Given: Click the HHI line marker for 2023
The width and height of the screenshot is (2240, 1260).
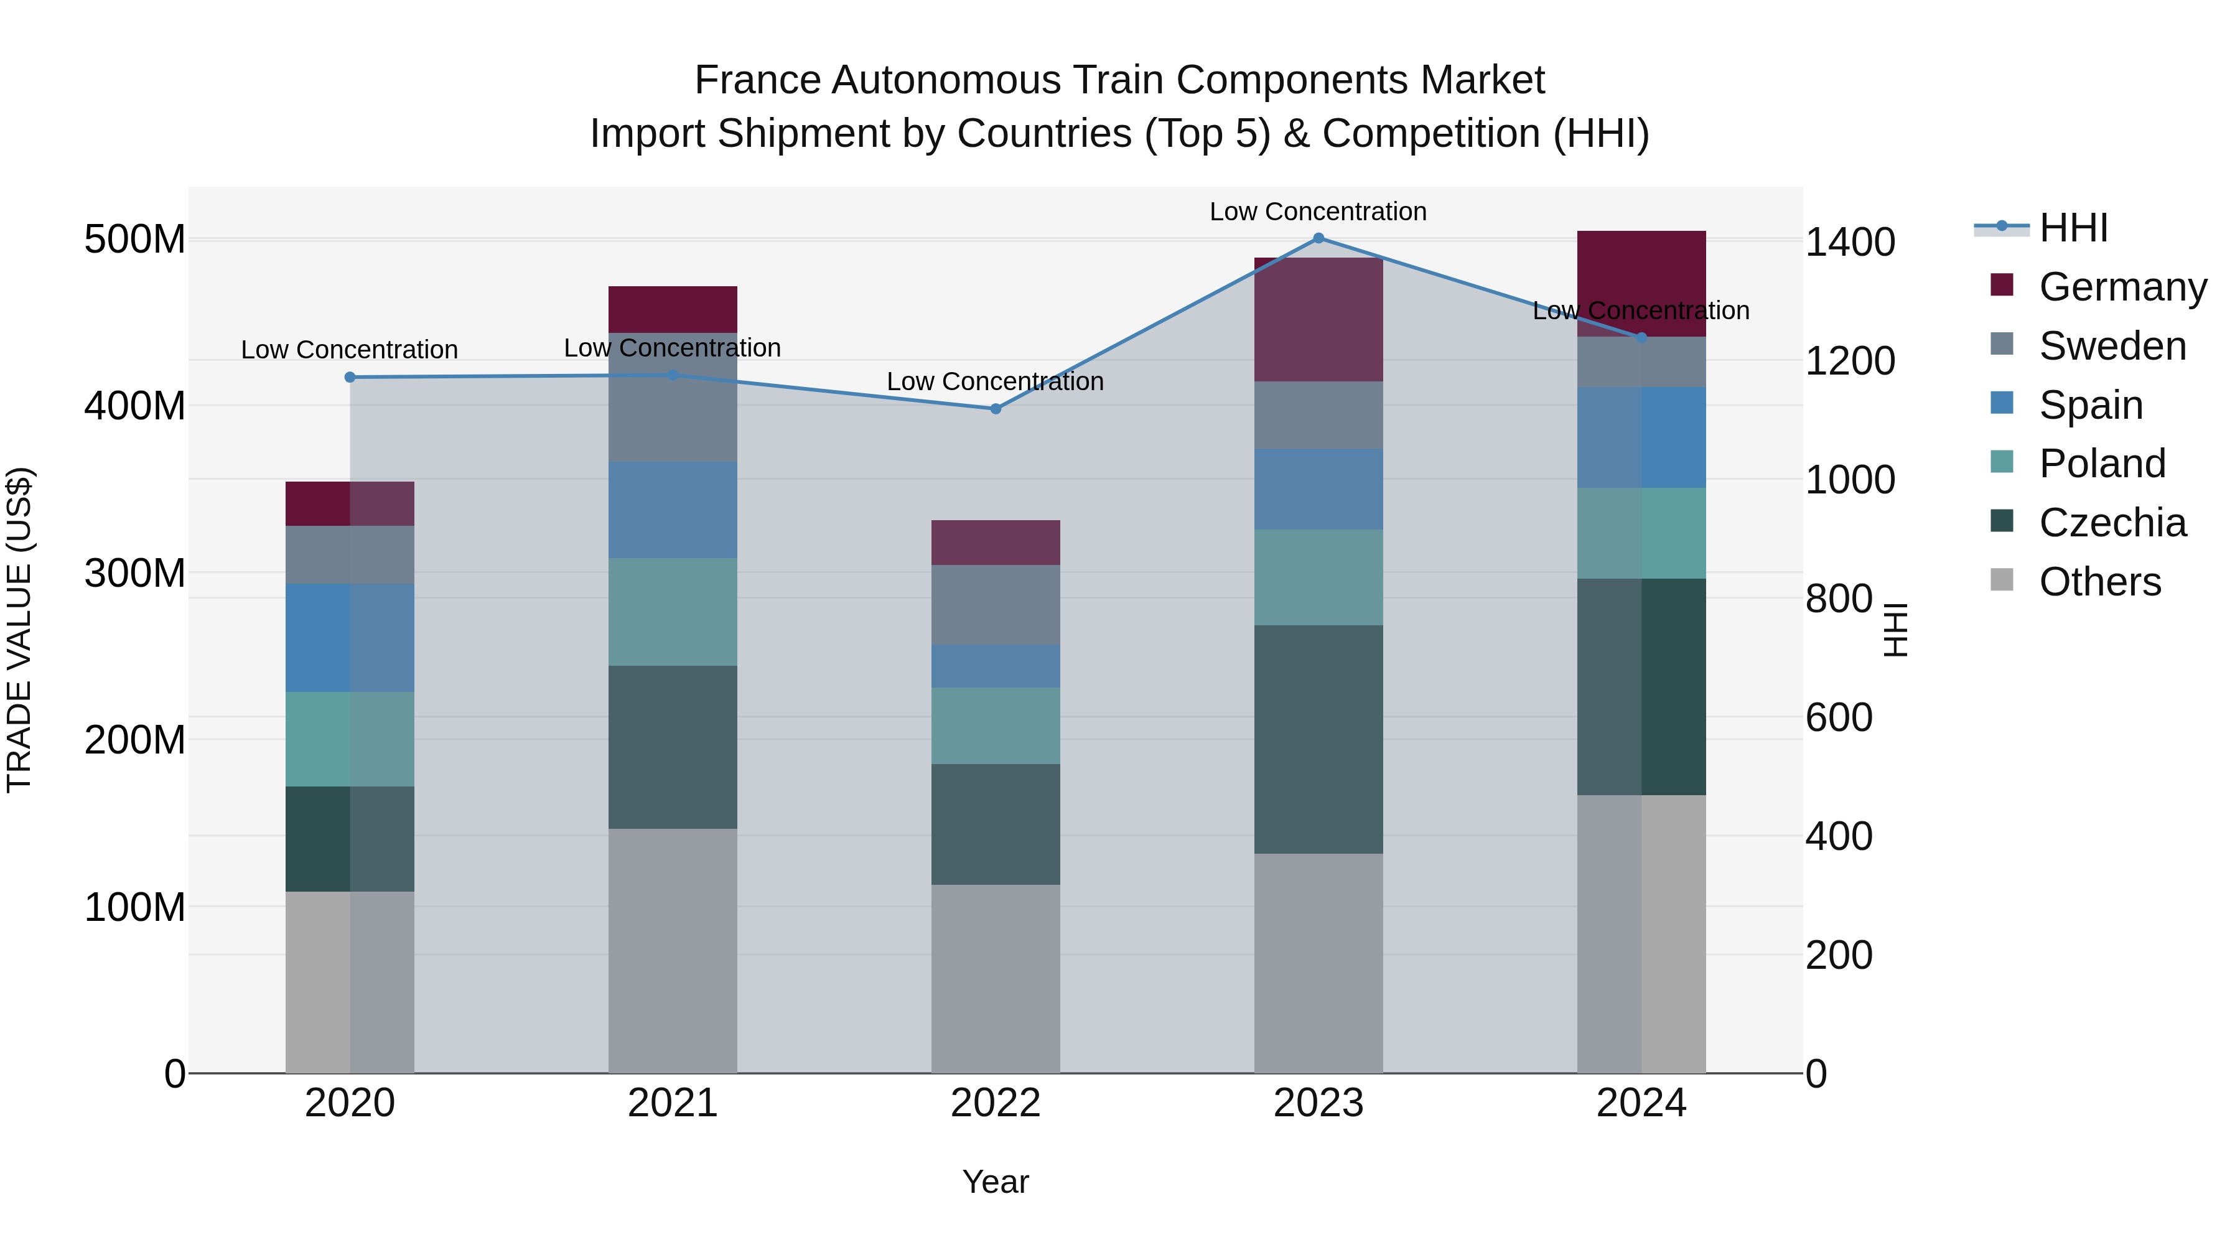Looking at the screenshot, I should coord(1318,238).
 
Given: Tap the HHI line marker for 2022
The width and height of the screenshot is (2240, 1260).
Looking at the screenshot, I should coord(996,409).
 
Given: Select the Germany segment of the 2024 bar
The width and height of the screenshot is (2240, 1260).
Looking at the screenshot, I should coord(1641,284).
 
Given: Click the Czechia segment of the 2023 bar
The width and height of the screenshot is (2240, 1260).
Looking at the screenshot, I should coord(1318,739).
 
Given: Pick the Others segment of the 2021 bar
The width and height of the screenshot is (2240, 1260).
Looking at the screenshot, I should coord(672,950).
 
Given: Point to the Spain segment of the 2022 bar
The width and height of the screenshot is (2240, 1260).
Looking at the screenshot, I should coord(996,666).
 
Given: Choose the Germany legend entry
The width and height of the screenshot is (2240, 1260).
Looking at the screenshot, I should coord(2122,287).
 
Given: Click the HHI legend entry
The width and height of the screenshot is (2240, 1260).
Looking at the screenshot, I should coord(2073,228).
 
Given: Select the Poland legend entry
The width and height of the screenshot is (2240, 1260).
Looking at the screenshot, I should coord(2102,464).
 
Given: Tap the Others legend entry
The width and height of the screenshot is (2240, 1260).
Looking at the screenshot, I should coord(2099,582).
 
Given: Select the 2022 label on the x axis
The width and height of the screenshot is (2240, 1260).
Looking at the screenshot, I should coord(996,1103).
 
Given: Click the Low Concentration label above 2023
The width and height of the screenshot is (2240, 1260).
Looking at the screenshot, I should coord(1318,212).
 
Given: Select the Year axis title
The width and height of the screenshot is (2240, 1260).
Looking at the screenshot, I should coord(996,1182).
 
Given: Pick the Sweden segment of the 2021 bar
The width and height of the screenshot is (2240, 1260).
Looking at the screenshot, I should coord(672,398).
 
